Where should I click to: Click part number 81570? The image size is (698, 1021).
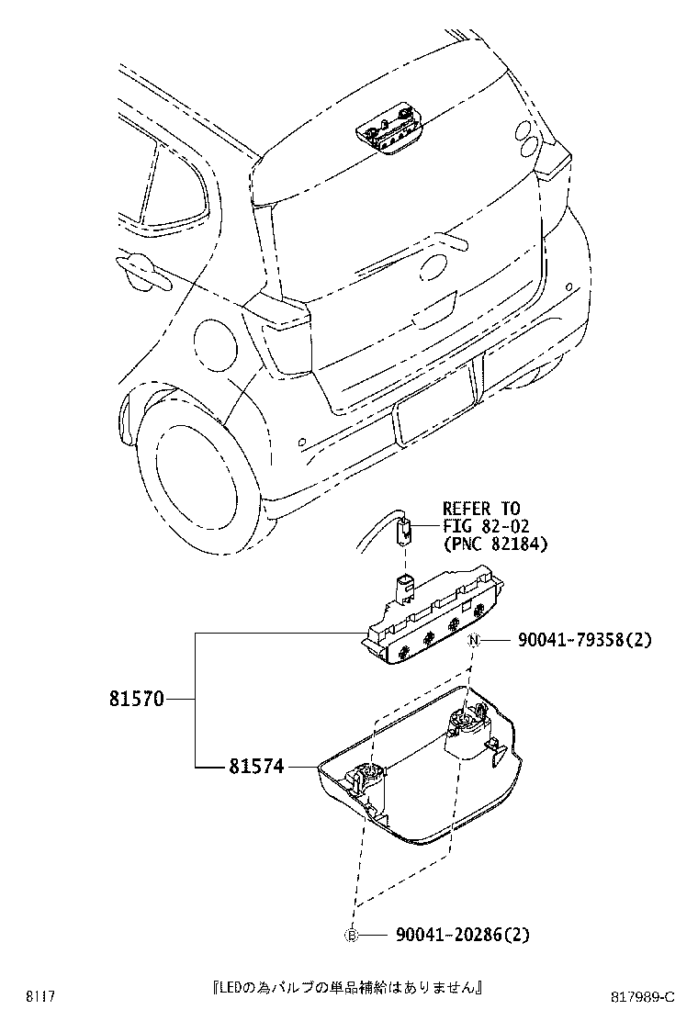point(137,700)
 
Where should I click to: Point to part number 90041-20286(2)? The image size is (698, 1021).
point(463,935)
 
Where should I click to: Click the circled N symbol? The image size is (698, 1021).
point(475,641)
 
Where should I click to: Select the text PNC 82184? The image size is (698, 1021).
point(494,544)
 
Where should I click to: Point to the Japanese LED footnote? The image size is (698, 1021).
point(347,988)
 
